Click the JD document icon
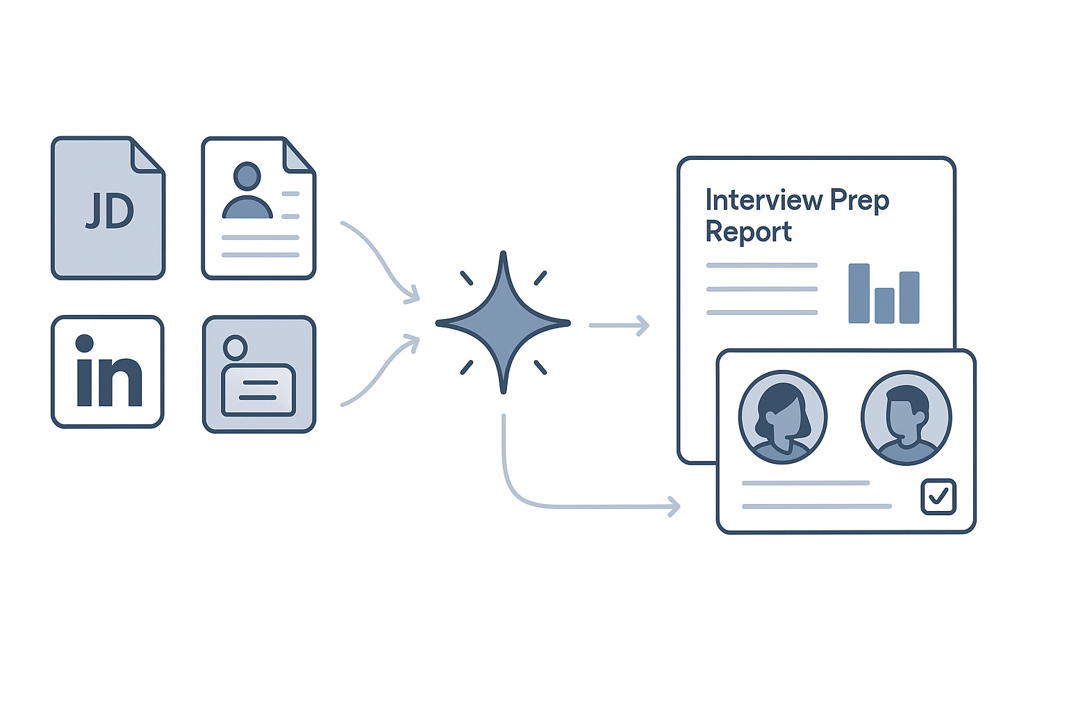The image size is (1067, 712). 108,209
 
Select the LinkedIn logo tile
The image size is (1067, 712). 108,371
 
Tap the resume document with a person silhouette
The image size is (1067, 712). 258,209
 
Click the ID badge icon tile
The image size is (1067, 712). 258,374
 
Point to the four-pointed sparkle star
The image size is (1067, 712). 503,323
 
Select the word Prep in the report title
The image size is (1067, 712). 859,200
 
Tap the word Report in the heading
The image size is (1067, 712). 748,232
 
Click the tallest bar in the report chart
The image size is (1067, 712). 859,293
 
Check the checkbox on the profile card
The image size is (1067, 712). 938,496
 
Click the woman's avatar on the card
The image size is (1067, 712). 783,417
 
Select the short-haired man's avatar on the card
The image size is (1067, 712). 906,417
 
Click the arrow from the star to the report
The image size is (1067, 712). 619,325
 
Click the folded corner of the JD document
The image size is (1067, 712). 147,154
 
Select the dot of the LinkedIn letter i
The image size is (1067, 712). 85,343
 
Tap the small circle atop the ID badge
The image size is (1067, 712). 235,347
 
